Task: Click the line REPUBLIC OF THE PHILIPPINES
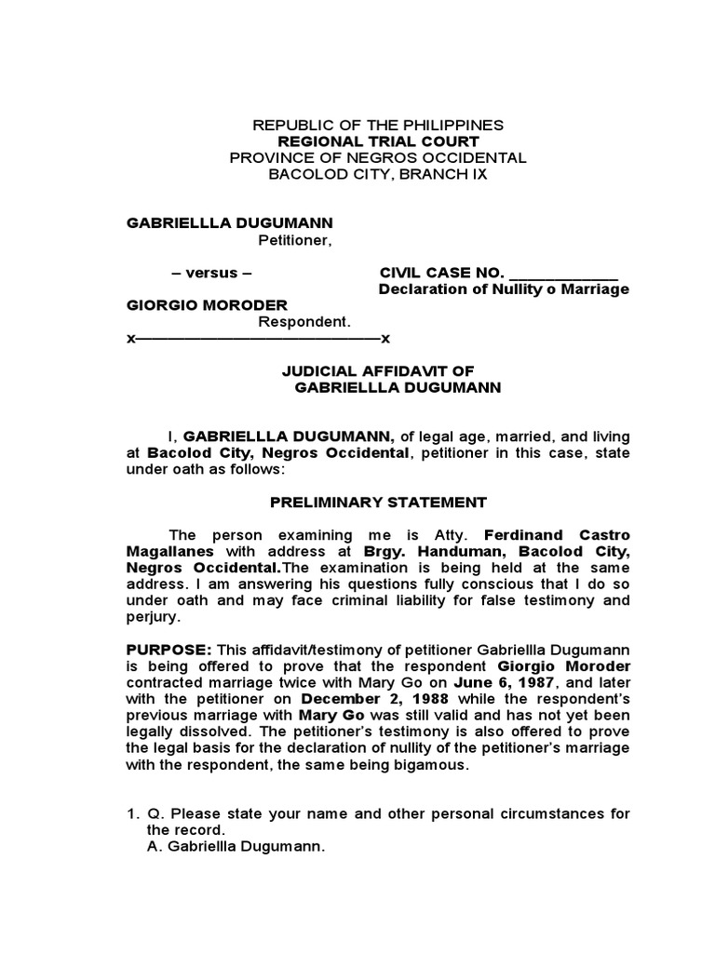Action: (378, 124)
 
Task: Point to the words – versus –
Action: (211, 273)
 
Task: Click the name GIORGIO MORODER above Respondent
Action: (207, 305)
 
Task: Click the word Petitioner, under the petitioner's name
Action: (294, 240)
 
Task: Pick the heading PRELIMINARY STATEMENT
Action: (378, 503)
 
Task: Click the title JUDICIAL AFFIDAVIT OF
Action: (378, 370)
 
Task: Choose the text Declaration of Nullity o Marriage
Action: (504, 289)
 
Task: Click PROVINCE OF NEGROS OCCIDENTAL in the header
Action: (378, 157)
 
